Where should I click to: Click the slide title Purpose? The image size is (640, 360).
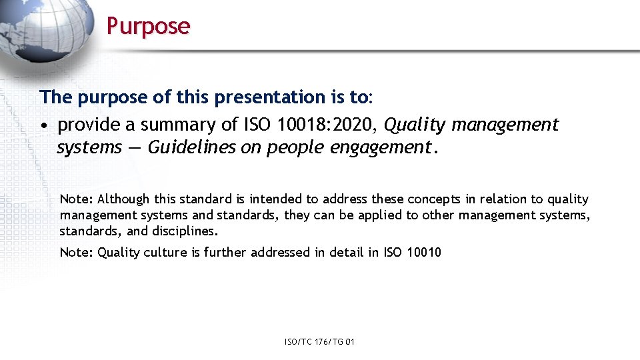tap(148, 26)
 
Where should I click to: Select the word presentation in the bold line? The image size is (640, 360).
tap(270, 97)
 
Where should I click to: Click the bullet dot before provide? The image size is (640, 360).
tap(43, 125)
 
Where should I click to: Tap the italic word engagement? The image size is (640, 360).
tap(382, 147)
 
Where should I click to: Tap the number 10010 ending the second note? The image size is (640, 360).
tap(423, 252)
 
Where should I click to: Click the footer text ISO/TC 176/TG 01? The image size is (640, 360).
tap(319, 342)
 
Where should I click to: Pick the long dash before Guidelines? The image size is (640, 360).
tap(135, 147)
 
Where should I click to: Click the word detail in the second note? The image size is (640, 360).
tap(343, 252)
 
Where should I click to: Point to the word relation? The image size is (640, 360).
tap(509, 199)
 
